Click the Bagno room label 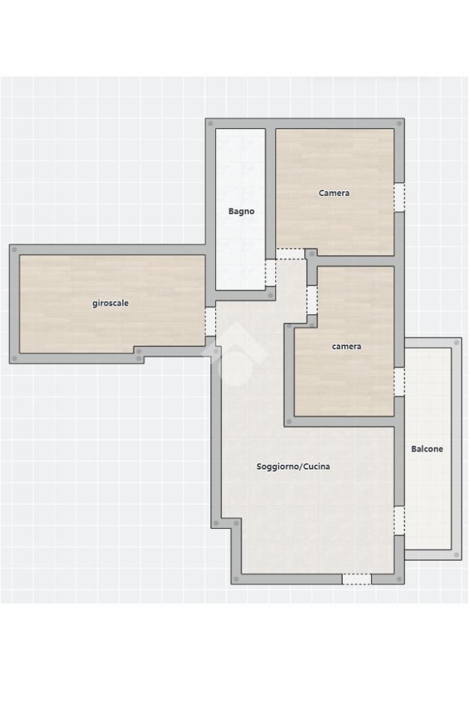(x=241, y=211)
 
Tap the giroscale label (x=110, y=303)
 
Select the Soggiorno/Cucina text (x=293, y=466)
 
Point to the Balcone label (x=427, y=449)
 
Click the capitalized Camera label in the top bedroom (x=334, y=193)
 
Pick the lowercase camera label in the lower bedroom (x=346, y=347)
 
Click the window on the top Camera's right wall (x=399, y=197)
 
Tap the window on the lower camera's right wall (x=399, y=382)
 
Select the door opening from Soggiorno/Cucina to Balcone (x=399, y=521)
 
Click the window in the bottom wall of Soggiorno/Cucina (x=357, y=579)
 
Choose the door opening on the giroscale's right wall (x=210, y=322)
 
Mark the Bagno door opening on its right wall (x=270, y=273)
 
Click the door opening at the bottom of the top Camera (x=290, y=254)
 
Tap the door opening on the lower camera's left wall (x=312, y=300)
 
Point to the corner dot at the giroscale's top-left (x=14, y=249)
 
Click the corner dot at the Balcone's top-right (x=457, y=342)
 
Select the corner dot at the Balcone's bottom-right (x=457, y=555)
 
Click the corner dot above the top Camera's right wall (x=399, y=124)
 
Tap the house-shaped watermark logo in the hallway (x=234, y=354)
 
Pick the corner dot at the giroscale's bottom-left (x=14, y=358)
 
